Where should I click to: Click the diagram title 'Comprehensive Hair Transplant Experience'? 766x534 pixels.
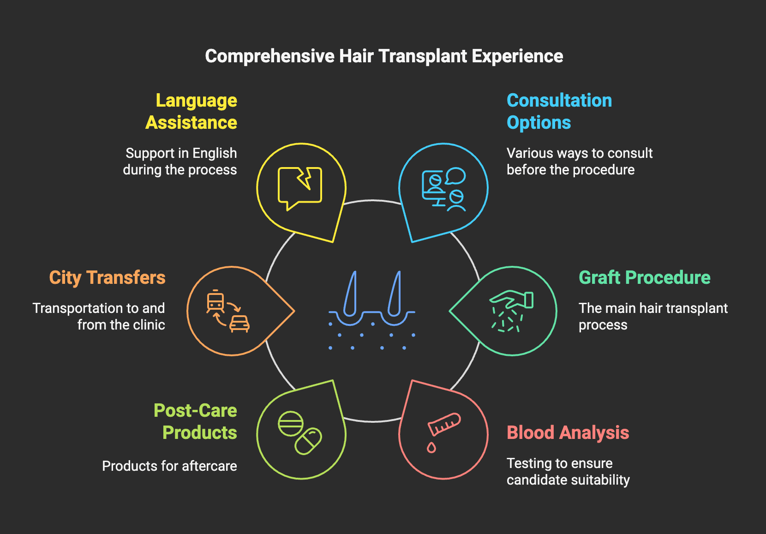[x=384, y=56]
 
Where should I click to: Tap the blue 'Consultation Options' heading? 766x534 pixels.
[x=559, y=112]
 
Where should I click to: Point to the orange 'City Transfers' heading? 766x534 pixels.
[x=107, y=278]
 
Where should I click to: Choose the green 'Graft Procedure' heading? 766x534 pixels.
[x=644, y=278]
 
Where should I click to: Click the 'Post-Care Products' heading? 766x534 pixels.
[x=196, y=422]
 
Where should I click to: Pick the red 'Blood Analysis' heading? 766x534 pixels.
[x=568, y=433]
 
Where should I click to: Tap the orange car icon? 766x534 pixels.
[x=239, y=323]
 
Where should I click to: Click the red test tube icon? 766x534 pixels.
[x=444, y=424]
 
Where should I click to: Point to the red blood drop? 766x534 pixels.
[x=431, y=447]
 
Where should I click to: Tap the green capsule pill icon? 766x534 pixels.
[x=308, y=441]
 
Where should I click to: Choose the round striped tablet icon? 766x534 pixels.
[x=291, y=424]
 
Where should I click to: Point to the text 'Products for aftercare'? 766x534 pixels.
[x=169, y=466]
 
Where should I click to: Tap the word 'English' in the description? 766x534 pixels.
[x=215, y=153]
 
